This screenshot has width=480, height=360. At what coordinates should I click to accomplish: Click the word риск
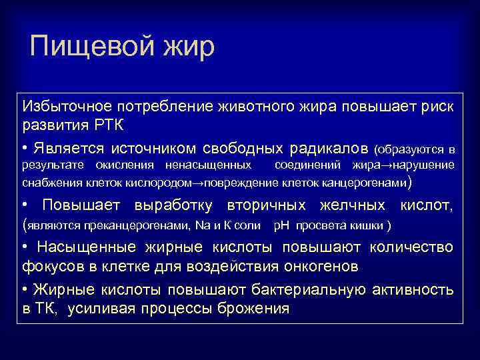(437, 106)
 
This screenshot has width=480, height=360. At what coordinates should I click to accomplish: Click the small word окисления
(124, 165)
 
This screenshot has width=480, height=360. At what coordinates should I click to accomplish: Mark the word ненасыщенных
(209, 165)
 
